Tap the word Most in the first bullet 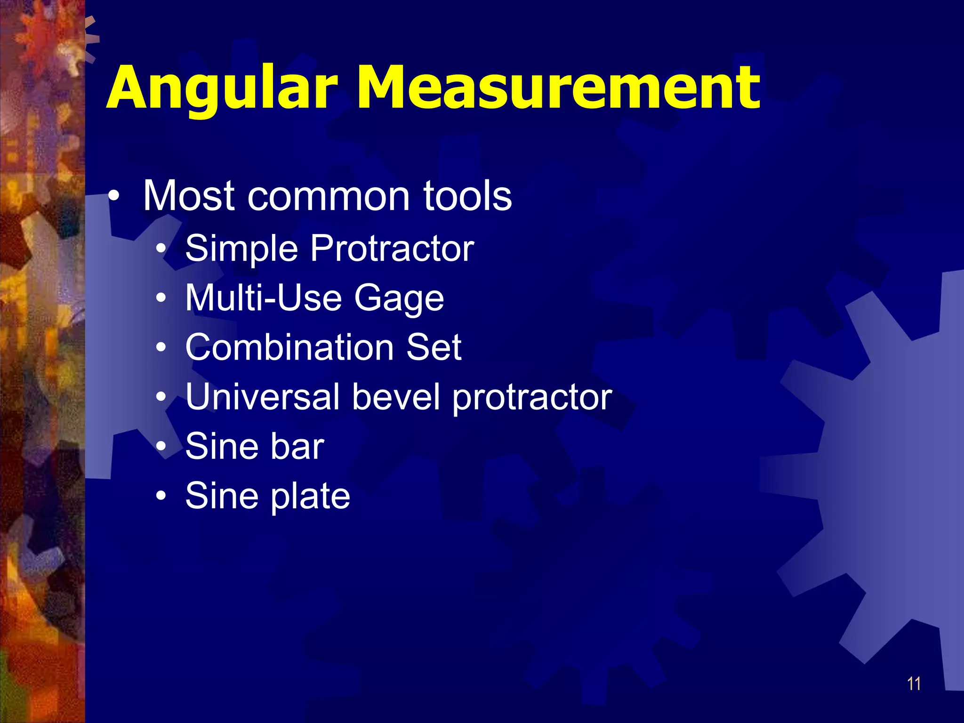[x=189, y=196]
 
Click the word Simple [x=241, y=249]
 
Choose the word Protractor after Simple [x=392, y=249]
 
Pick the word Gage [x=399, y=298]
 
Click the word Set [x=434, y=347]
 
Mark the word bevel [x=396, y=396]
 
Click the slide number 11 [x=914, y=683]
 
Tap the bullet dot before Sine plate [x=161, y=496]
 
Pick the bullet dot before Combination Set [x=161, y=347]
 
